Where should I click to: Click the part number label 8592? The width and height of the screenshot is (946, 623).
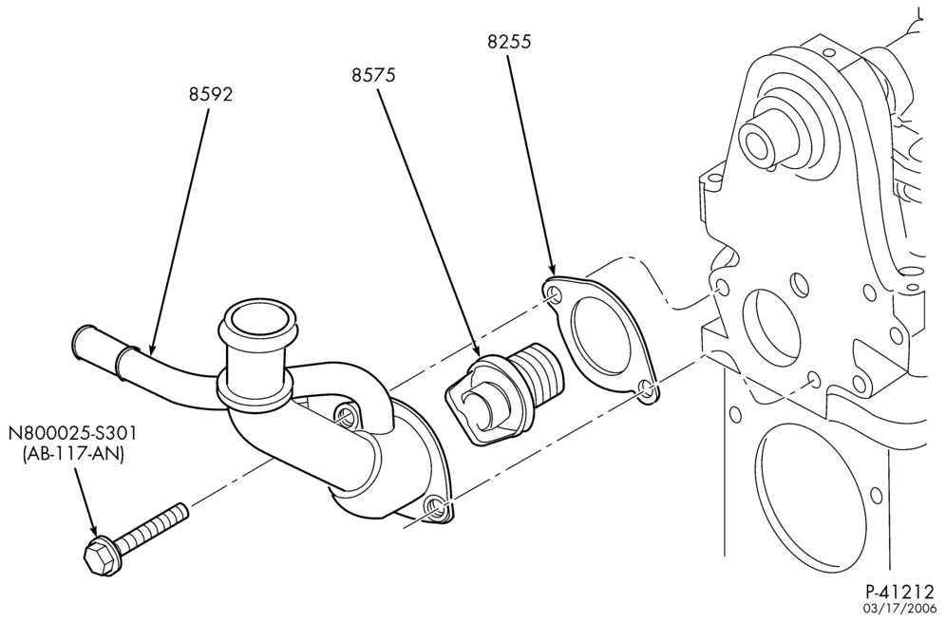coord(211,94)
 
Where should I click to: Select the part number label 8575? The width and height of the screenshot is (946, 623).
coord(373,75)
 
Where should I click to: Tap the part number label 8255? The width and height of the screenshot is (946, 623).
coord(509,42)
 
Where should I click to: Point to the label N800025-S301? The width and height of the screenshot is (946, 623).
coord(72,433)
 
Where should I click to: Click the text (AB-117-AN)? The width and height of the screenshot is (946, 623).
coord(72,455)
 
